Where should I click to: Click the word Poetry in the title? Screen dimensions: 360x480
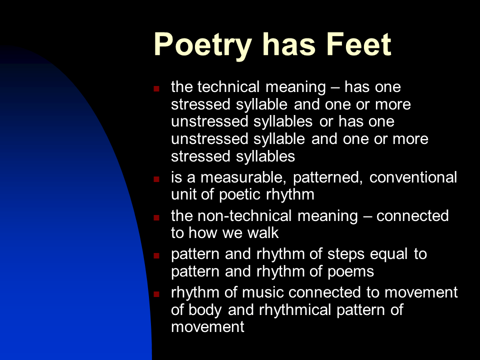point(203,45)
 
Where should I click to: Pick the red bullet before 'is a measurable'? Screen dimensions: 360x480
point(156,178)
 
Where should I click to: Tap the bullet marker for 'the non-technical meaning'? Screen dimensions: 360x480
point(156,217)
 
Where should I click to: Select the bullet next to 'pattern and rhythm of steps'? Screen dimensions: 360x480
point(156,255)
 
